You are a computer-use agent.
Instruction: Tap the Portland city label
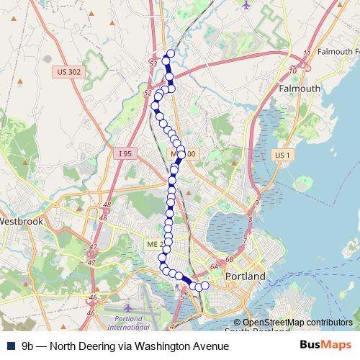point(246,276)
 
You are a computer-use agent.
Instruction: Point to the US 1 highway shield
point(281,155)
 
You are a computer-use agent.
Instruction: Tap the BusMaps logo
point(325,346)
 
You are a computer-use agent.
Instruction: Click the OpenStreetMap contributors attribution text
point(297,323)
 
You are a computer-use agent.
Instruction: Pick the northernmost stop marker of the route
point(171,53)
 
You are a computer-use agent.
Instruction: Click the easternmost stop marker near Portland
point(204,286)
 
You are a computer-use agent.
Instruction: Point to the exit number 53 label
point(153,65)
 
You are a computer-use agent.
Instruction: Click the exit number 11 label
point(307,54)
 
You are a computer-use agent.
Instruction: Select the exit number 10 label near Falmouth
point(292,71)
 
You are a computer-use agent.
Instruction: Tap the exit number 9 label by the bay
point(256,204)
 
